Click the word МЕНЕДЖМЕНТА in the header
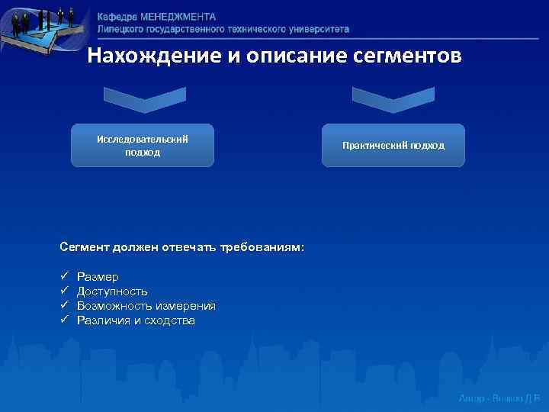coord(178,16)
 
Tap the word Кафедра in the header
coord(117,16)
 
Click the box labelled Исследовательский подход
coord(143,145)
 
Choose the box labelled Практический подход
coord(393,145)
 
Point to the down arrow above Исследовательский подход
coord(143,99)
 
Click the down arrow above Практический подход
coord(393,99)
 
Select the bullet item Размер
coord(98,276)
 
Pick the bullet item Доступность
coord(112,291)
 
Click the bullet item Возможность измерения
coord(146,306)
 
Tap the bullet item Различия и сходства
coord(136,320)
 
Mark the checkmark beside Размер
coord(64,276)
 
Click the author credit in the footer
coord(499,399)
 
